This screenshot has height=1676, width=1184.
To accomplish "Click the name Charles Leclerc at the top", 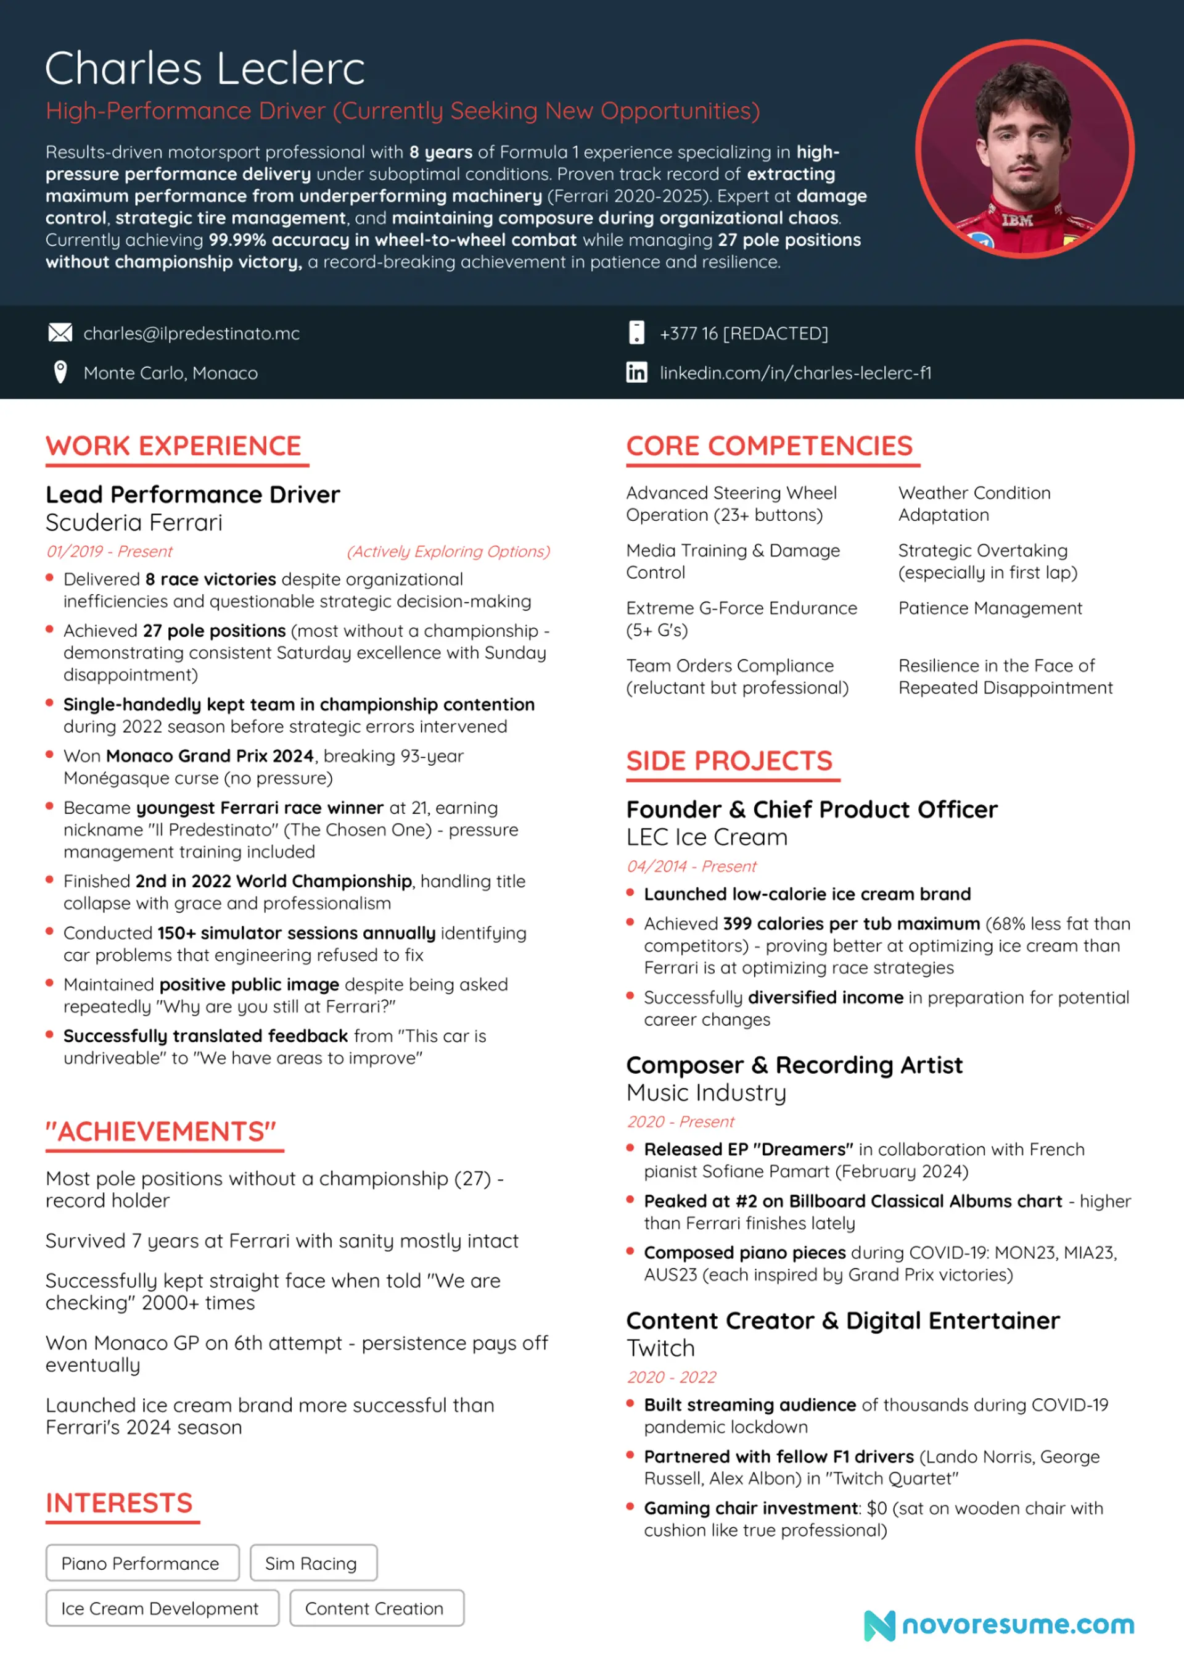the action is (205, 68).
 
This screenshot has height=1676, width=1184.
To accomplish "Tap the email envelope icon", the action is (60, 334).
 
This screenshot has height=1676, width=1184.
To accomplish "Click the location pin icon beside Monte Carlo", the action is (60, 372).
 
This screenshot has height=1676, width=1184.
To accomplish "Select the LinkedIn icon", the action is (636, 372).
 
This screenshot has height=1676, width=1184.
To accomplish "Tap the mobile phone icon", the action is (636, 333).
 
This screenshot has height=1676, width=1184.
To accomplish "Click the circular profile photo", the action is (1024, 149).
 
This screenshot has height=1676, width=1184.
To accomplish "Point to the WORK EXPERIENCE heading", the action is (174, 446).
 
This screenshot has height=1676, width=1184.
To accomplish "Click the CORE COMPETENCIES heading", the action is (769, 446).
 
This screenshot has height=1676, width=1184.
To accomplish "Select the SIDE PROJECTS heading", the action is (729, 761).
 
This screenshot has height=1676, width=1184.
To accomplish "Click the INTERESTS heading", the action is (119, 1503).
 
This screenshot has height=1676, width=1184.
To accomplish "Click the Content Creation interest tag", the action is (376, 1608).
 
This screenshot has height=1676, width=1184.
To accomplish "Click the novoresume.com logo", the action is (1000, 1625).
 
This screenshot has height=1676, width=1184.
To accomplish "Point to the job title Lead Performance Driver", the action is (192, 495).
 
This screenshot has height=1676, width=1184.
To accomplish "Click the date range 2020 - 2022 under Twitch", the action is (671, 1377).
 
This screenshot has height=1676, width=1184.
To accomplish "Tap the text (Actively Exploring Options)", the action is (448, 551).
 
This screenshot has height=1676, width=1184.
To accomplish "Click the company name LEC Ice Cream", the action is (707, 837).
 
